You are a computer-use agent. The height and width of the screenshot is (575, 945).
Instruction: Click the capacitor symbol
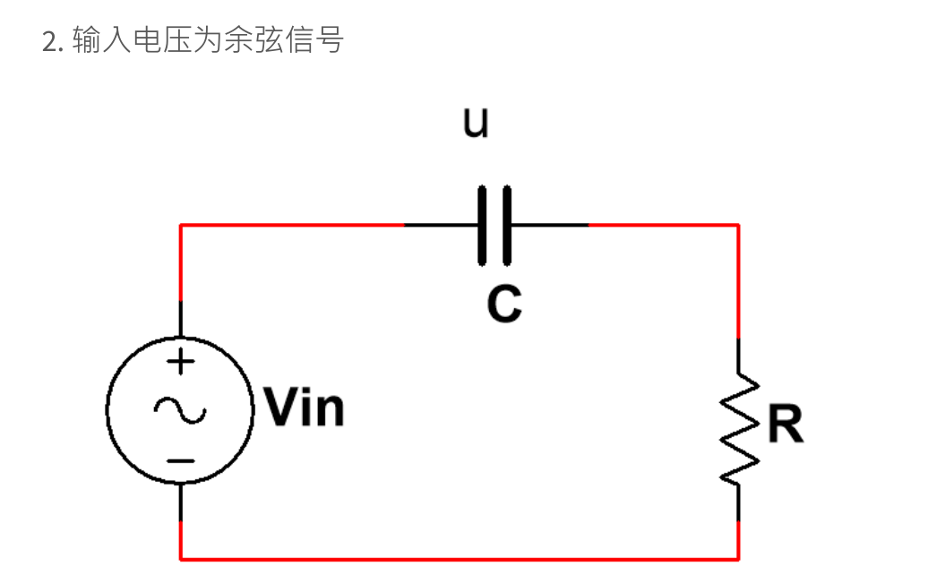pyautogui.click(x=495, y=225)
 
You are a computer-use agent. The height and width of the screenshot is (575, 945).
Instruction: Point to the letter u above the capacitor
pyautogui.click(x=476, y=124)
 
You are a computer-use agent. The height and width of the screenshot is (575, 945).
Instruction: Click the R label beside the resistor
pyautogui.click(x=786, y=425)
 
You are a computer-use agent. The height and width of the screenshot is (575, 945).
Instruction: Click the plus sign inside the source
pyautogui.click(x=181, y=362)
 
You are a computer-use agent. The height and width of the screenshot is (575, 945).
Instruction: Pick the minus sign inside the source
pyautogui.click(x=181, y=460)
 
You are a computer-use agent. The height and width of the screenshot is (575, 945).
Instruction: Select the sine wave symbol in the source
pyautogui.click(x=180, y=410)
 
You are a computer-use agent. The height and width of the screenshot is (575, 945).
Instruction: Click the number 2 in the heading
pyautogui.click(x=49, y=41)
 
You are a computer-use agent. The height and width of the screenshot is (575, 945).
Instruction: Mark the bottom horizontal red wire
pyautogui.click(x=460, y=559)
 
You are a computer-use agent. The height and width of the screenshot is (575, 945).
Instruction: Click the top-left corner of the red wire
pyautogui.click(x=181, y=225)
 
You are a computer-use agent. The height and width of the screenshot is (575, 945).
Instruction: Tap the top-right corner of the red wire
pyautogui.click(x=738, y=225)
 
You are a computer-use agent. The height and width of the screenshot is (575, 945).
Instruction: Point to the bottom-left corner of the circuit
pyautogui.click(x=181, y=559)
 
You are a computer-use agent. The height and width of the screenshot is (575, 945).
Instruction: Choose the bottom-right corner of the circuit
pyautogui.click(x=738, y=559)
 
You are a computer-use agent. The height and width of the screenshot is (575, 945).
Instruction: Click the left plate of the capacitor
pyautogui.click(x=483, y=225)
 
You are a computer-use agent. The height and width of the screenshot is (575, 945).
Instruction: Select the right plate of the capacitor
pyautogui.click(x=507, y=225)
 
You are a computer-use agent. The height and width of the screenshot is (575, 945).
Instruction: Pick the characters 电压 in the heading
pyautogui.click(x=162, y=41)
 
